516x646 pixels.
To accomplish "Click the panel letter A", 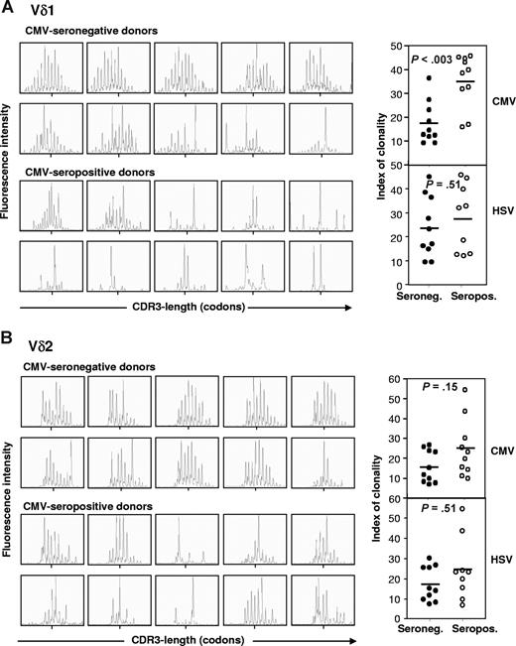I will click(8, 8).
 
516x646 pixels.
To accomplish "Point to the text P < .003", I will click(431, 61).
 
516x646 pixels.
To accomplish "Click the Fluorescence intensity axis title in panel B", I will click(10, 490).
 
